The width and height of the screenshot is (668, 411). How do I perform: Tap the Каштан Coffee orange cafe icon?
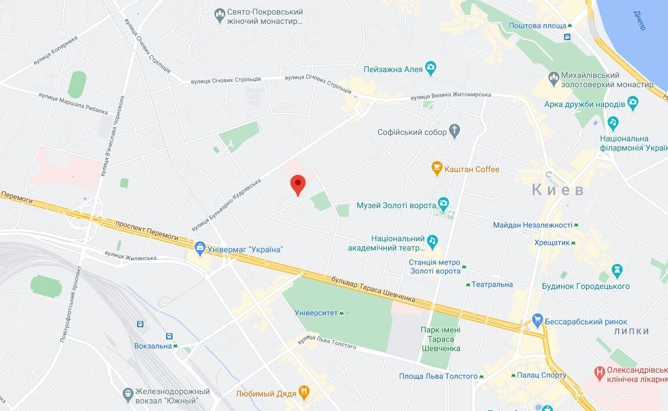coord(437,169)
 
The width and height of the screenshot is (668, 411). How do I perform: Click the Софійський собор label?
coord(412,132)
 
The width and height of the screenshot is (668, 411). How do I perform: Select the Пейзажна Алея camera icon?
coord(430,69)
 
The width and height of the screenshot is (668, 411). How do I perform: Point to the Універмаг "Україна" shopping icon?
coord(200,249)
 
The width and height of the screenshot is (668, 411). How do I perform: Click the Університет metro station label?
coord(316,313)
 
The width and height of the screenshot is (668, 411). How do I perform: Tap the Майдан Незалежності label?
coord(533,225)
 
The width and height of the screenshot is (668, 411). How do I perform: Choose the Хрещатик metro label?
coord(552,242)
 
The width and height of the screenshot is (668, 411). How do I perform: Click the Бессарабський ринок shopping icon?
coord(537,321)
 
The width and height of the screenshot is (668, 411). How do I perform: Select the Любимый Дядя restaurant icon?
coord(303,393)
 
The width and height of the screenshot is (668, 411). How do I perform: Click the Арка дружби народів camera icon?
coord(633,104)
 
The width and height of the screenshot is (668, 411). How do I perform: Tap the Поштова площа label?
coord(537,26)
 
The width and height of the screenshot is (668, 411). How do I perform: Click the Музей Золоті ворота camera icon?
coord(444,205)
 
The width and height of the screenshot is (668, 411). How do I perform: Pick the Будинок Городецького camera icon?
coord(617,270)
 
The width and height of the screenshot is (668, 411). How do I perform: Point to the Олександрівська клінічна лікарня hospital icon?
coord(599,371)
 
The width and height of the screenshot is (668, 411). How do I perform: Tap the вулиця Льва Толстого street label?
coord(327,342)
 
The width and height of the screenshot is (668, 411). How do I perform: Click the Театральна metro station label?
coord(491,284)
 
